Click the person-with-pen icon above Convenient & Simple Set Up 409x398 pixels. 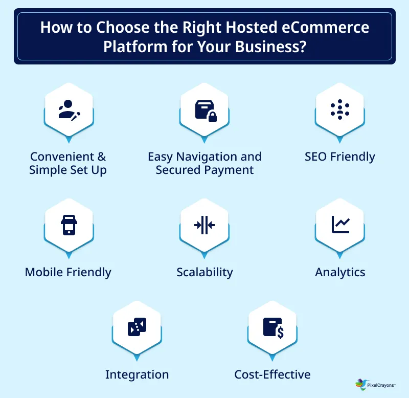pyautogui.click(x=69, y=109)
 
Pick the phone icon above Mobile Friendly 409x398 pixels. pyautogui.click(x=69, y=225)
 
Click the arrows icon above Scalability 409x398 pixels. pyautogui.click(x=204, y=225)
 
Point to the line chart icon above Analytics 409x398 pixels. pyautogui.click(x=340, y=225)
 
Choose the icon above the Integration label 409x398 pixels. pyautogui.click(x=137, y=326)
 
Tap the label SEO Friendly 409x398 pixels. pyautogui.click(x=339, y=157)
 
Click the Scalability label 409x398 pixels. pyautogui.click(x=204, y=272)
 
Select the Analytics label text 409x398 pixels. pyautogui.click(x=340, y=272)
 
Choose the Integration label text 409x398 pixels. pyautogui.click(x=137, y=374)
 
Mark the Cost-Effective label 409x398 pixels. pyautogui.click(x=272, y=374)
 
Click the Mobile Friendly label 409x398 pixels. pyautogui.click(x=68, y=272)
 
